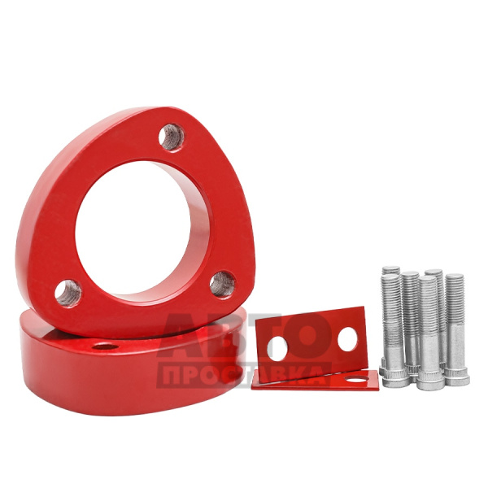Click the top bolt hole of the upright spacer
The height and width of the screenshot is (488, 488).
tap(171, 137)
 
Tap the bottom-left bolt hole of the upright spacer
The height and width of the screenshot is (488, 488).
tap(68, 293)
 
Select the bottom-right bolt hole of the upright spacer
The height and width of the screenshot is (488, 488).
tap(223, 284)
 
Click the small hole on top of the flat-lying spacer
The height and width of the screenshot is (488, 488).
tap(105, 346)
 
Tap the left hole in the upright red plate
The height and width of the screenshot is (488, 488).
tap(277, 348)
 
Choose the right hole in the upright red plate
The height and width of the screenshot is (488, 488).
tap(347, 339)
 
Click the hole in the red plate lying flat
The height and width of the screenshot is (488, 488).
tap(357, 379)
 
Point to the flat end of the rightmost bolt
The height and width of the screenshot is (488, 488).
tap(455, 276)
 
